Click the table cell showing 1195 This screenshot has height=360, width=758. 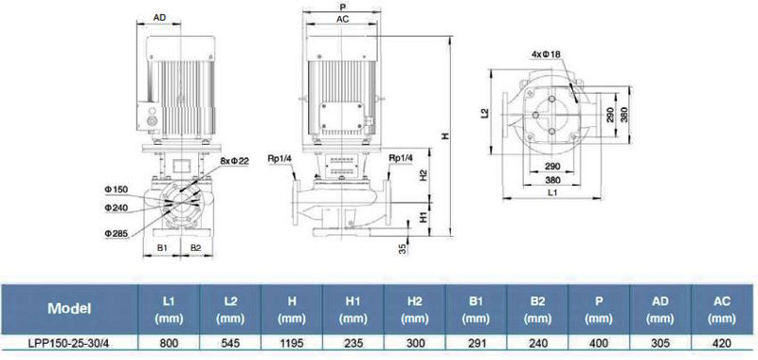point(292,343)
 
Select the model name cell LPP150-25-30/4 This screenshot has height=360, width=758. point(69,343)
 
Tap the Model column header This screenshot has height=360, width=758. point(69,309)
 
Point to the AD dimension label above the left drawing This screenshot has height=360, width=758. point(159,17)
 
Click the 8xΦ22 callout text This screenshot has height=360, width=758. point(234,161)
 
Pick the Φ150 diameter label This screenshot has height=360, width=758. point(116,189)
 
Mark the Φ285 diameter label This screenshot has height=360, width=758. point(116,233)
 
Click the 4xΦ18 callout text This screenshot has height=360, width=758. point(546,55)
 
